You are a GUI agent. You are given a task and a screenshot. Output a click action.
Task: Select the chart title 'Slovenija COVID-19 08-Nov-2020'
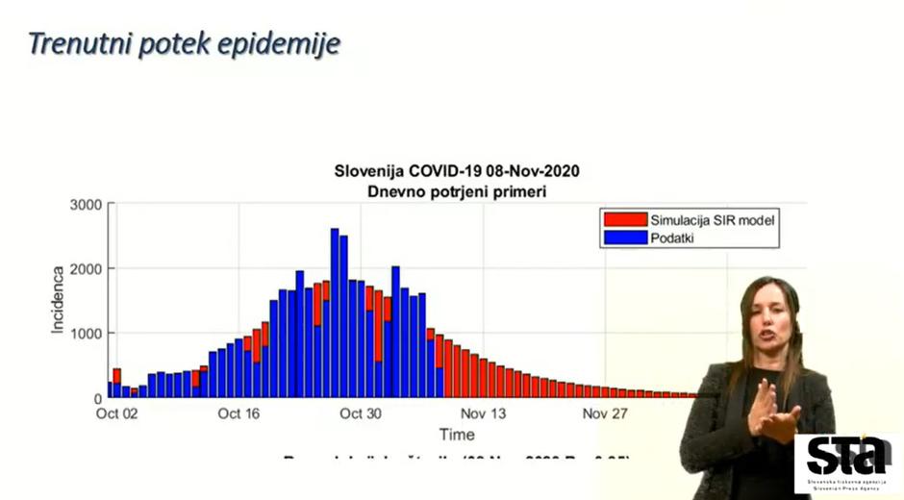click(457, 171)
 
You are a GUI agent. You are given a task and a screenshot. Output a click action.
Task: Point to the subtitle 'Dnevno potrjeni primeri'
click(457, 191)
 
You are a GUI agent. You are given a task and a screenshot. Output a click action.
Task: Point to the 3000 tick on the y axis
click(85, 205)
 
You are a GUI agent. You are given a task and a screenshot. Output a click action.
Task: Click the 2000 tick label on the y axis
click(85, 269)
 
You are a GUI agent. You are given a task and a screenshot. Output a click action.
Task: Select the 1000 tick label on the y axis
click(85, 334)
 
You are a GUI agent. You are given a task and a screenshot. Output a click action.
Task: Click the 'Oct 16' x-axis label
click(239, 414)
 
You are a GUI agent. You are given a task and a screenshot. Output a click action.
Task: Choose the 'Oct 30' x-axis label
click(361, 414)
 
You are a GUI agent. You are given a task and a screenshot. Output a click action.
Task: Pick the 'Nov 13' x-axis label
click(484, 414)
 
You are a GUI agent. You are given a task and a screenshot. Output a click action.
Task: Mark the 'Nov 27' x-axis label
click(606, 414)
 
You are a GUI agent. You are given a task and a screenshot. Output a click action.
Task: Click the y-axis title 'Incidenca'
click(58, 301)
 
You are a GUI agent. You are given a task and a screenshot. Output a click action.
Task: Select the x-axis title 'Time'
click(456, 435)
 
